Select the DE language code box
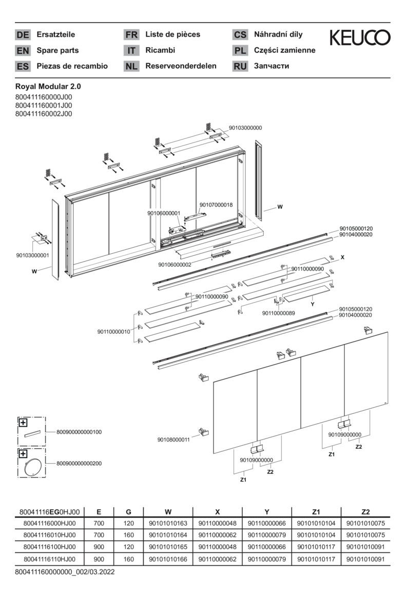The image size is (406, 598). point(23,35)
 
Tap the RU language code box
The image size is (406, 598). point(240,66)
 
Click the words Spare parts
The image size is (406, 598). point(57,50)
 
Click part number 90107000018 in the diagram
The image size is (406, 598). point(216,205)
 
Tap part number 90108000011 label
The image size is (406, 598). point(173,440)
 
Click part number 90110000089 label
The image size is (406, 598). point(278,313)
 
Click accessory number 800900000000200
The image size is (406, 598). point(79,463)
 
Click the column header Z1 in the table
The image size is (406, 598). point(316,511)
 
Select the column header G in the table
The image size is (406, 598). point(129,511)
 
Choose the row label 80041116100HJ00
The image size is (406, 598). point(49,547)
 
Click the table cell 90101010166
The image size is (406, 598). point(168,559)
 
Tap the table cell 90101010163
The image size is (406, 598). point(168,523)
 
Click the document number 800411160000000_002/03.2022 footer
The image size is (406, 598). point(65,571)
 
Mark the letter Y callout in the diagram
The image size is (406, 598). point(312,304)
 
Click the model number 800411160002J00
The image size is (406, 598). point(44,114)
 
